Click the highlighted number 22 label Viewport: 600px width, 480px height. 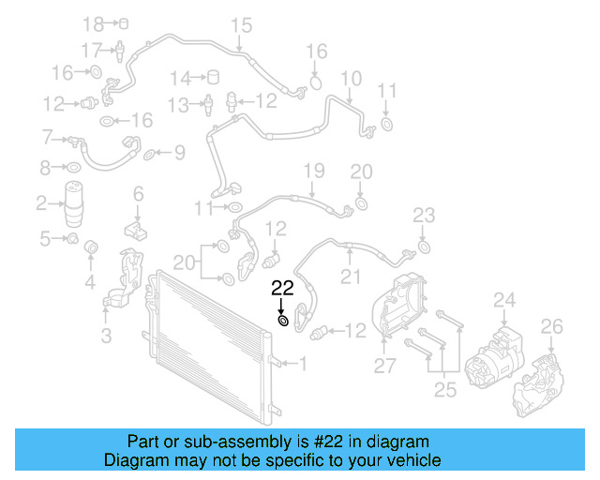point(282,288)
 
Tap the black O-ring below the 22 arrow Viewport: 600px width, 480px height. point(282,322)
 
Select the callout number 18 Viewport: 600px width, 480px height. point(94,22)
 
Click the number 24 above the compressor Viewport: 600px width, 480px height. point(504,300)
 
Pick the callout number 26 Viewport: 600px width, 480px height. point(552,326)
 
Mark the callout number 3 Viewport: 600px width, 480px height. point(106,335)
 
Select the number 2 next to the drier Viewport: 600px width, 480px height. point(41,202)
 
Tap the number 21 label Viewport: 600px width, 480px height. point(350,277)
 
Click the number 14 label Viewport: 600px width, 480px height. point(180,77)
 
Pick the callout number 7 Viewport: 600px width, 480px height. point(47,139)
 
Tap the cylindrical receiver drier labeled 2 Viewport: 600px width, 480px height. point(77,206)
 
